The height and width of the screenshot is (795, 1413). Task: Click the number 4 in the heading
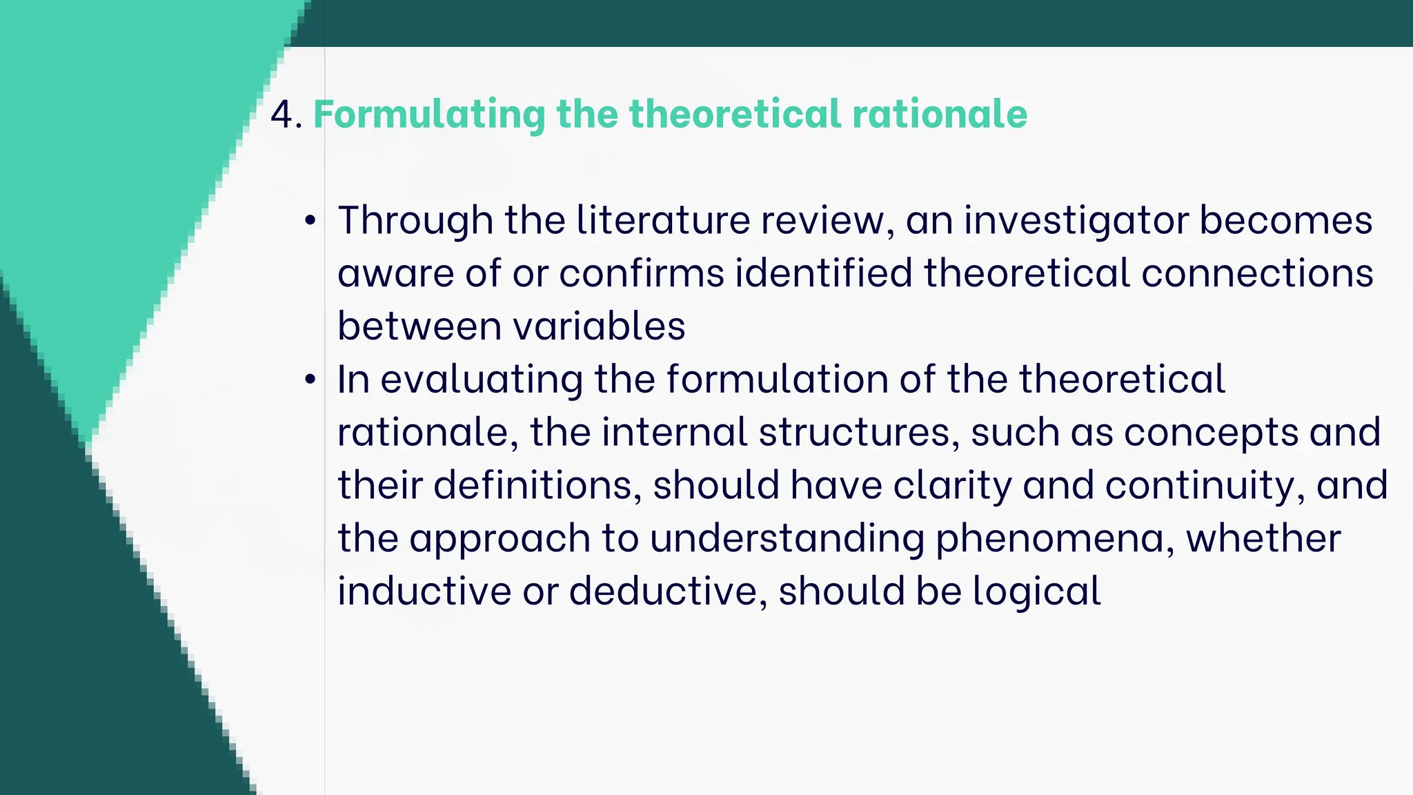point(281,115)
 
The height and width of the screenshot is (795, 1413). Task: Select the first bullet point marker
point(310,221)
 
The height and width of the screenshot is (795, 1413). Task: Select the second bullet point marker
point(310,380)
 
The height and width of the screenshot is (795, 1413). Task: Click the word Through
point(415,221)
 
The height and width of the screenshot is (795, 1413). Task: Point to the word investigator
point(1076,221)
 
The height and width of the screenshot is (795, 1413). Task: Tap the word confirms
point(642,273)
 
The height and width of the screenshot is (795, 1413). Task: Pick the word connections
point(1256,273)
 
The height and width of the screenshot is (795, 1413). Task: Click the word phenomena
point(1055,538)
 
